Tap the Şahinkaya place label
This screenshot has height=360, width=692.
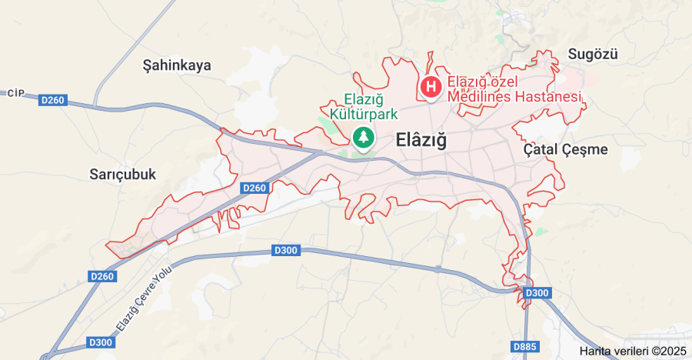pyautogui.click(x=177, y=65)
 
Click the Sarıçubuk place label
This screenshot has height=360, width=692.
pyautogui.click(x=122, y=174)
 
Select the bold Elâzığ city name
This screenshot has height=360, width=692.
pyautogui.click(x=421, y=141)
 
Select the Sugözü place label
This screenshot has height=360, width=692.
pyautogui.click(x=593, y=54)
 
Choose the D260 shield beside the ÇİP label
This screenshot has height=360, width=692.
pyautogui.click(x=53, y=100)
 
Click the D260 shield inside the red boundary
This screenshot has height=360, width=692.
pyautogui.click(x=254, y=188)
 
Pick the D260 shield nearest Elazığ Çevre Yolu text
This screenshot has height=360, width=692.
pyautogui.click(x=101, y=276)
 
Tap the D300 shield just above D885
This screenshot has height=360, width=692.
pyautogui.click(x=537, y=293)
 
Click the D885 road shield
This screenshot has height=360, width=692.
pyautogui.click(x=525, y=347)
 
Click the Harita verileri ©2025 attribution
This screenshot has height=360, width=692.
pyautogui.click(x=632, y=351)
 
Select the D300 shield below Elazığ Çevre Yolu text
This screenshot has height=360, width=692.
pyautogui.click(x=100, y=342)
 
